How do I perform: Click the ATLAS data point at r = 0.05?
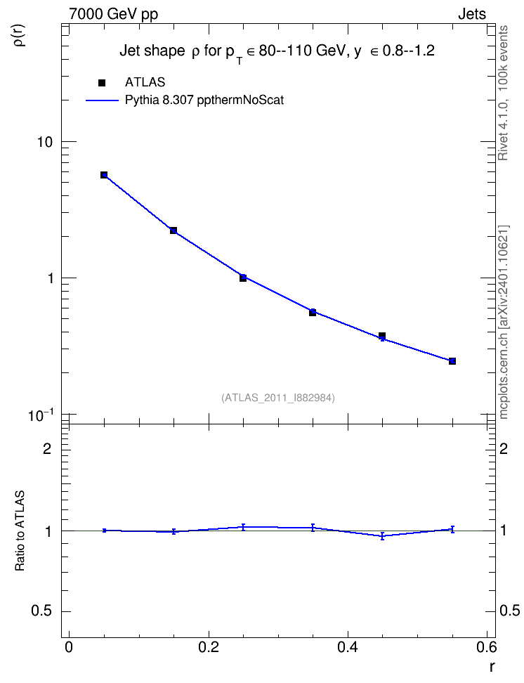click(104, 175)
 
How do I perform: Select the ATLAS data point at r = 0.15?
click(173, 230)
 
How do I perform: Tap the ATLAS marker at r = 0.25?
click(243, 278)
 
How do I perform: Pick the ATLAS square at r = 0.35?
click(313, 312)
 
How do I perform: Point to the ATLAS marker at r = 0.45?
click(382, 336)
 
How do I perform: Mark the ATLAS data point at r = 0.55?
click(452, 361)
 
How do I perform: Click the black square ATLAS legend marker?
click(102, 83)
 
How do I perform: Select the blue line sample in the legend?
click(102, 100)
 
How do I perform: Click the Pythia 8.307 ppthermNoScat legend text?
click(204, 100)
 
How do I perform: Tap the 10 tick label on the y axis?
click(44, 142)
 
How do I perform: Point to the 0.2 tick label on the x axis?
click(208, 647)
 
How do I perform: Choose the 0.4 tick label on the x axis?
click(348, 647)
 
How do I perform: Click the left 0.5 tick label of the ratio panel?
click(41, 611)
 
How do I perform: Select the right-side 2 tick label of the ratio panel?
click(504, 448)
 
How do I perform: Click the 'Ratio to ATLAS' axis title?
click(20, 531)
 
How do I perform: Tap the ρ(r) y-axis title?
click(20, 35)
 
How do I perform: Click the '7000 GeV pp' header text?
click(113, 14)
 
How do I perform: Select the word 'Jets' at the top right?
click(472, 14)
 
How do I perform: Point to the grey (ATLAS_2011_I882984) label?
click(278, 398)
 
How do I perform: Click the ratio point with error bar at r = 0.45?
click(382, 535)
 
